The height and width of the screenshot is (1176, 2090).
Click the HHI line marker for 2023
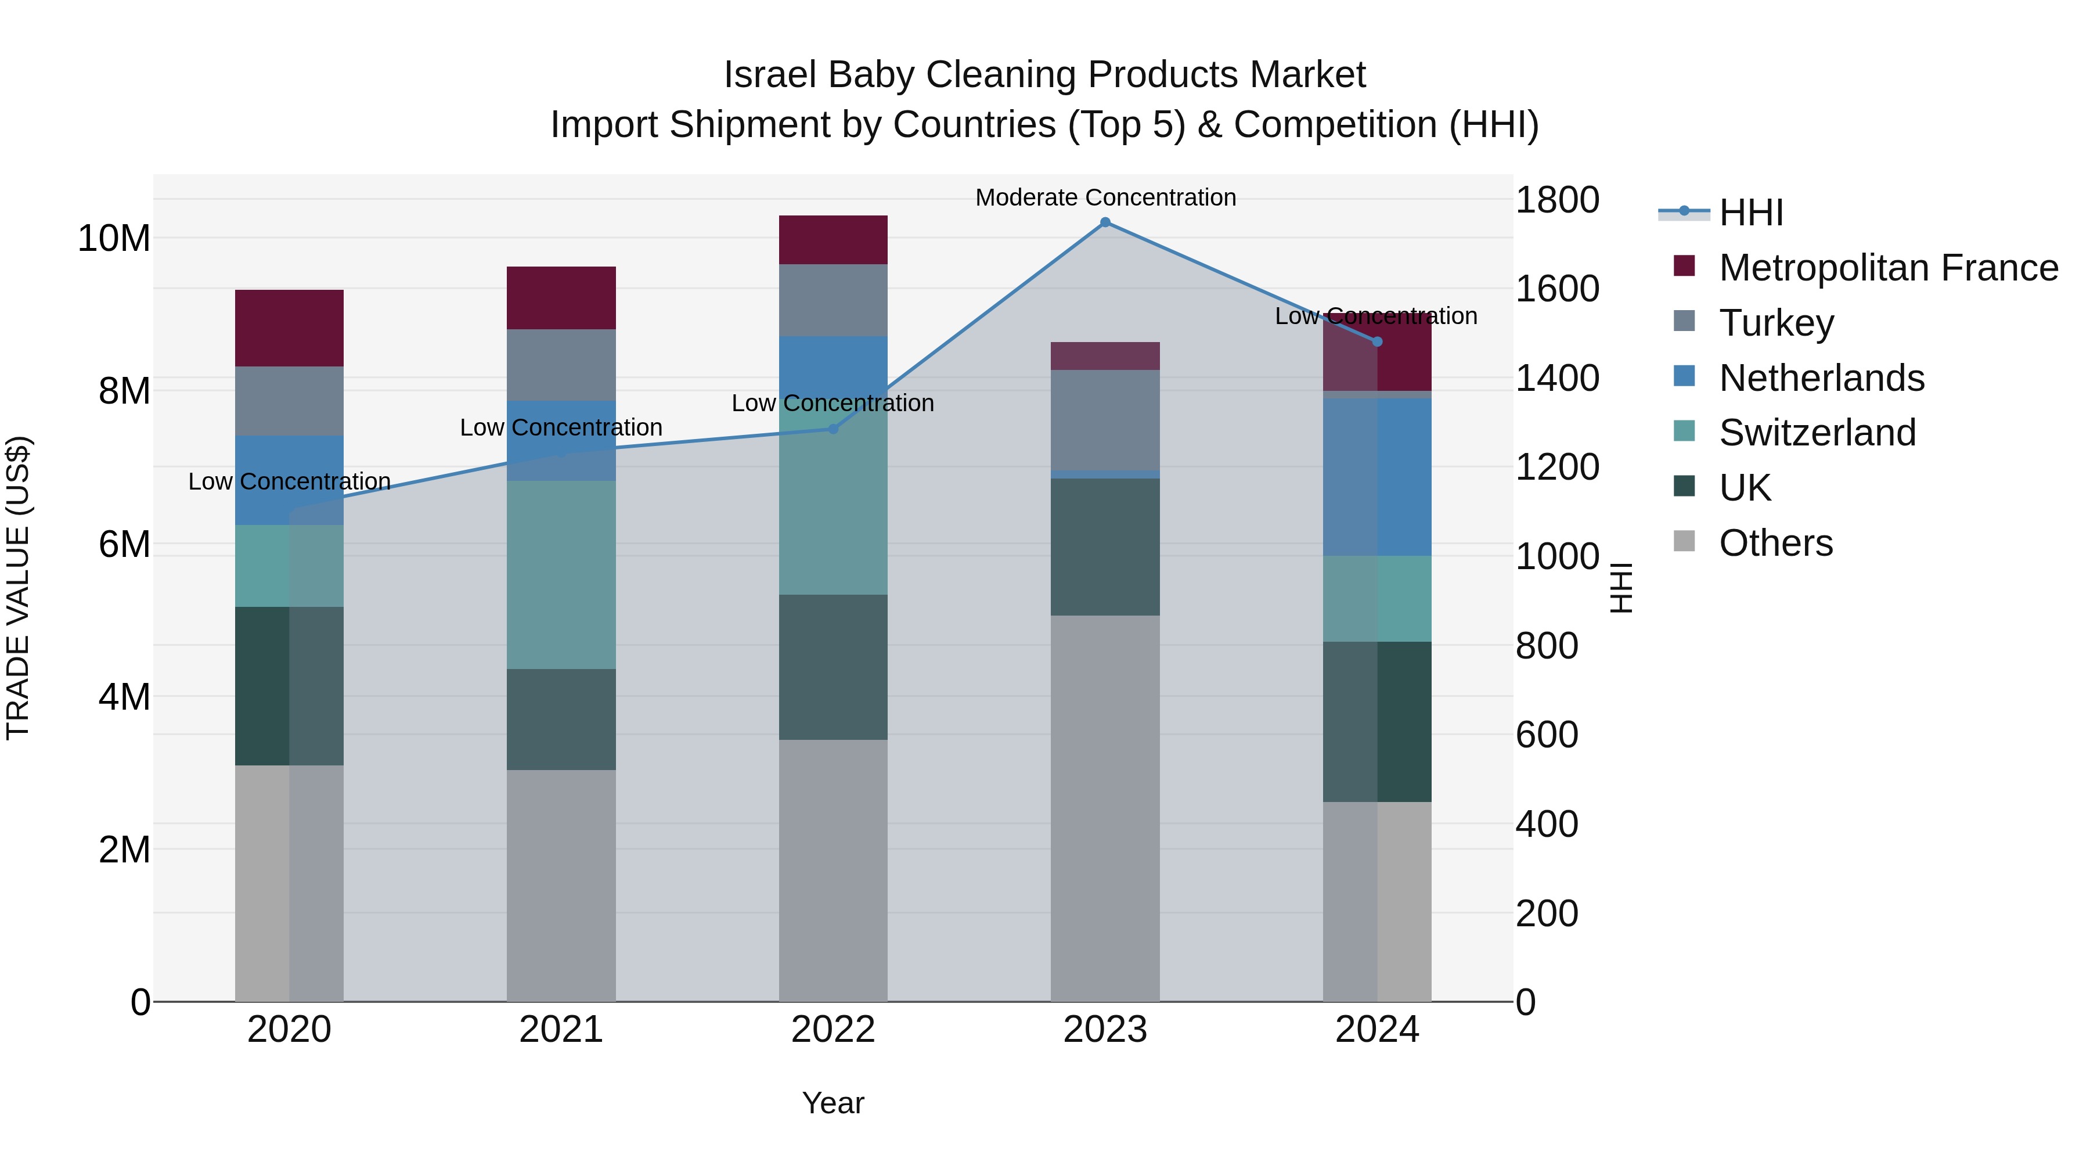1105,222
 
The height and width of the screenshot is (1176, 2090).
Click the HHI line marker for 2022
833,429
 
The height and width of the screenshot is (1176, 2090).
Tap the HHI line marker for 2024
1377,341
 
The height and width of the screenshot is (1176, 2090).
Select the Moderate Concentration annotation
1105,197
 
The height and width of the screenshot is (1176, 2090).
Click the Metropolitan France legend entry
1888,268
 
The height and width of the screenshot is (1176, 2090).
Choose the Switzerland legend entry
1817,433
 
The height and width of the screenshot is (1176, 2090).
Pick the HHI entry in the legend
1751,213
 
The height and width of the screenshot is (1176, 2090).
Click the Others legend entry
1775,543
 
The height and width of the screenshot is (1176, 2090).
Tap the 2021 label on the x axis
561,1030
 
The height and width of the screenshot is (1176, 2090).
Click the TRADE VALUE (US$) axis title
18,588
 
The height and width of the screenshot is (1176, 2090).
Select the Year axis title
833,1103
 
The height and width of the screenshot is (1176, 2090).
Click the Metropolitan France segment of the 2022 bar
833,239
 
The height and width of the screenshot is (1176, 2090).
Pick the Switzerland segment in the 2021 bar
561,574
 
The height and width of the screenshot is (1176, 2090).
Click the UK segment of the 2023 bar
1105,547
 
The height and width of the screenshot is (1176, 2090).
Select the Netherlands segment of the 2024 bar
1377,477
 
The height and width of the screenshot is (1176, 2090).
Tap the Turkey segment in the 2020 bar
290,401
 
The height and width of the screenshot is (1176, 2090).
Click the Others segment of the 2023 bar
1105,808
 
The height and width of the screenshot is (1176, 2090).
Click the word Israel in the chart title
770,75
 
